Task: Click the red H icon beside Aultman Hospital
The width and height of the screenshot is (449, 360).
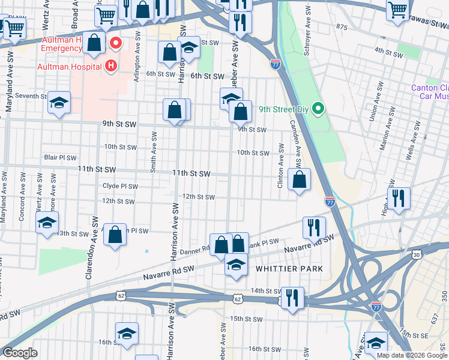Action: pyautogui.click(x=110, y=65)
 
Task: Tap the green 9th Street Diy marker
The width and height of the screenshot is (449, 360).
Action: pyautogui.click(x=319, y=109)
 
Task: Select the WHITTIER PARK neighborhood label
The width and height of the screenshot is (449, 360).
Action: pyautogui.click(x=289, y=269)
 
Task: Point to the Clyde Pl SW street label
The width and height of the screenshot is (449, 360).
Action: pyautogui.click(x=121, y=186)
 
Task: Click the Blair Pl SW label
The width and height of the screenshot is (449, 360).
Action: pyautogui.click(x=60, y=158)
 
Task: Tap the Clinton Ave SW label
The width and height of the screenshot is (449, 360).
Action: pyautogui.click(x=280, y=166)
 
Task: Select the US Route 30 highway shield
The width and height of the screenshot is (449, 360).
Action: pyautogui.click(x=417, y=255)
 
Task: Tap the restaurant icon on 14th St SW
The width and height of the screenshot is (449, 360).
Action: pyautogui.click(x=292, y=298)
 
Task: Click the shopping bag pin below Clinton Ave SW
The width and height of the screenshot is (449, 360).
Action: pyautogui.click(x=299, y=179)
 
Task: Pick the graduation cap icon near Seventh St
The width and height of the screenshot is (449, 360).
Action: pyautogui.click(x=59, y=103)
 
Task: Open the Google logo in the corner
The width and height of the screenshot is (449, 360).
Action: pyautogui.click(x=20, y=353)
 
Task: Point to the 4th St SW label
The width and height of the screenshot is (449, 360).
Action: pyautogui.click(x=388, y=53)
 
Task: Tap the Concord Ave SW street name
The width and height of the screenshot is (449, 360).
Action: pyautogui.click(x=22, y=198)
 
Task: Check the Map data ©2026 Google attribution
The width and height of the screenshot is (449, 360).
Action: pyautogui.click(x=411, y=355)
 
